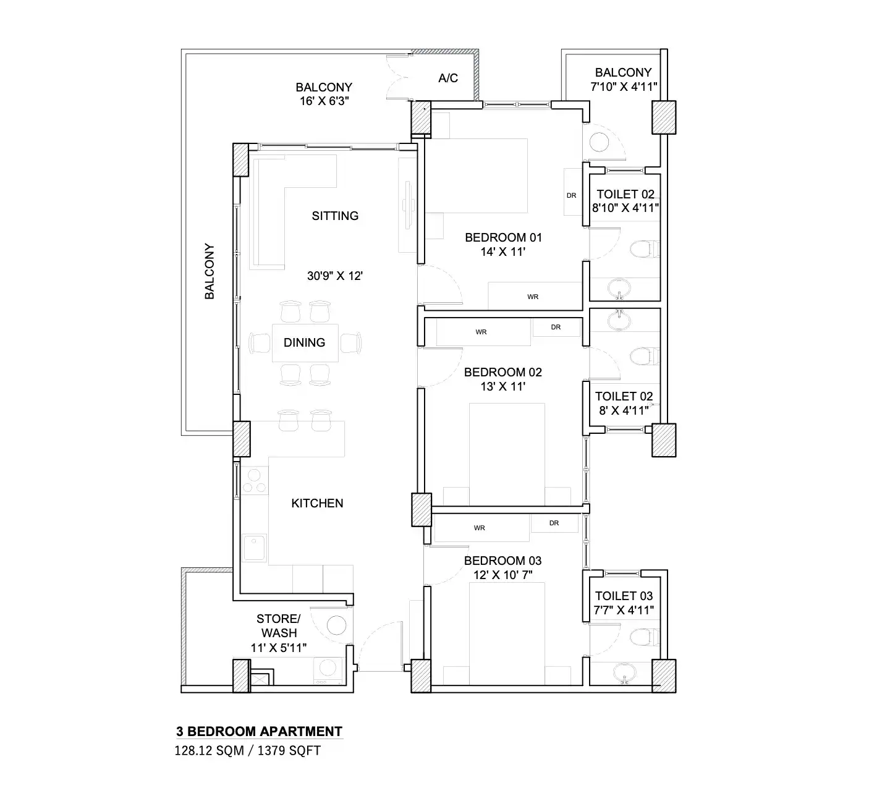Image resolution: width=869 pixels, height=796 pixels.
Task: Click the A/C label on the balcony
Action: point(448,78)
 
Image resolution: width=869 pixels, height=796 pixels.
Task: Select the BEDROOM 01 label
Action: point(503,237)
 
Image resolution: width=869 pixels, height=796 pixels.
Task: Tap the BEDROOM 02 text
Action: point(502,372)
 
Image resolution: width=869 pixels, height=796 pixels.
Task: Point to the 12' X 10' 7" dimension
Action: point(502,575)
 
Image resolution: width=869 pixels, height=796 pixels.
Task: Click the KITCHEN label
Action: point(317,504)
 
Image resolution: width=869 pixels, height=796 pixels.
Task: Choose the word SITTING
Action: point(335,216)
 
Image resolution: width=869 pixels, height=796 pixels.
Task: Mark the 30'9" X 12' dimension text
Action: point(334,276)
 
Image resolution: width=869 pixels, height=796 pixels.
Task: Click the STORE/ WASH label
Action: point(279,625)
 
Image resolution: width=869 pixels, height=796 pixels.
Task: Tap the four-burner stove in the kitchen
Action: point(254,481)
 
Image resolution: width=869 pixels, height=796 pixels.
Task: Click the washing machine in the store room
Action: point(328,671)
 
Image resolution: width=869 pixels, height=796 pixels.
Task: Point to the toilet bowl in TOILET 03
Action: point(640,637)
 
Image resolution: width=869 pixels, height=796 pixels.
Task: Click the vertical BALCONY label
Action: point(210,272)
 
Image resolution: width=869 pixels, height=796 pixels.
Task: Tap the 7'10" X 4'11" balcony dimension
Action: point(623,87)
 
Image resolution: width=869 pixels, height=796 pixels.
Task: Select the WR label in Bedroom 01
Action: point(533,297)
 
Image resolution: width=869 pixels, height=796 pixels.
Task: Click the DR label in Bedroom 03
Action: point(554,523)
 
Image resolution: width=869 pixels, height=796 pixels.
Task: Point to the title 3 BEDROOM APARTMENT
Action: point(259,732)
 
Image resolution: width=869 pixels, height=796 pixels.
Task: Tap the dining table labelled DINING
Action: point(305,342)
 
